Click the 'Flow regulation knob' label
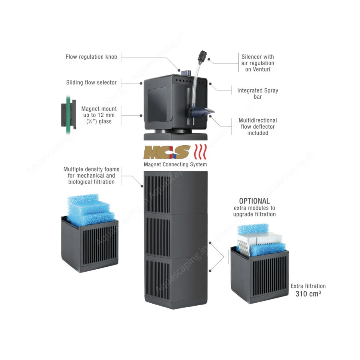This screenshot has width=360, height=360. (x=91, y=57)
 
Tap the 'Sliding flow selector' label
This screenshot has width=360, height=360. (x=91, y=83)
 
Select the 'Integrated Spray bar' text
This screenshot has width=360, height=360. (x=258, y=94)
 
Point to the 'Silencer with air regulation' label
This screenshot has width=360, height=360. (x=258, y=63)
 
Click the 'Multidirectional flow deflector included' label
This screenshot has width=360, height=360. (x=258, y=126)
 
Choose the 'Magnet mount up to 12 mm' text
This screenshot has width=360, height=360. (x=99, y=115)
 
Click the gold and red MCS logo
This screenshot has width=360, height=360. (x=167, y=152)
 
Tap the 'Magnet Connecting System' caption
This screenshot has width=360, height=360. (x=176, y=164)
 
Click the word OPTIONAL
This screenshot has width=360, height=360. (x=254, y=201)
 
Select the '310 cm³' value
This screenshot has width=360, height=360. (x=308, y=294)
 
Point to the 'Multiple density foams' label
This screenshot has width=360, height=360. (x=92, y=176)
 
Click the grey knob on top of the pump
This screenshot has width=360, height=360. (x=185, y=72)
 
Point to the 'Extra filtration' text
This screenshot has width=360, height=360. (x=308, y=286)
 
